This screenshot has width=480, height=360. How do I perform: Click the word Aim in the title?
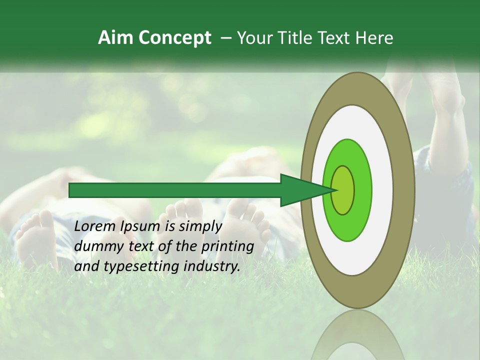(x=115, y=37)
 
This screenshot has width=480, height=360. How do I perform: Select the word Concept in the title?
(x=174, y=38)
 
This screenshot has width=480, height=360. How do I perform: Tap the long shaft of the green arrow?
(x=175, y=190)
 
